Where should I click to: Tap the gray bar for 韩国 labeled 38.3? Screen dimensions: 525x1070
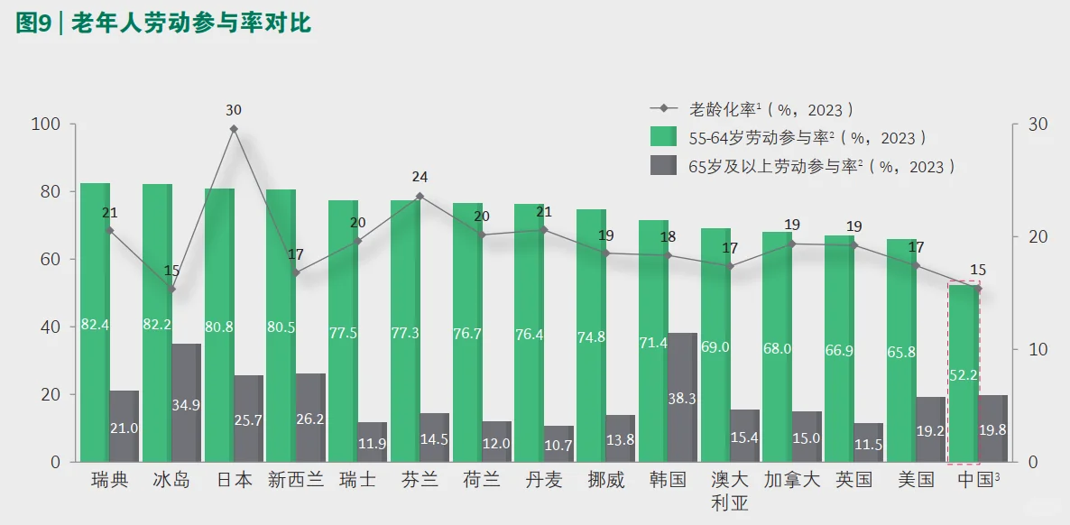tap(683, 397)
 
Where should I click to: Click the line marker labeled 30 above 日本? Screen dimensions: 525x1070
tap(234, 129)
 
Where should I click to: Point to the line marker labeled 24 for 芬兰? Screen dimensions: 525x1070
tap(420, 196)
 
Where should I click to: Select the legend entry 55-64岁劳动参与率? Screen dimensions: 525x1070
tap(789, 138)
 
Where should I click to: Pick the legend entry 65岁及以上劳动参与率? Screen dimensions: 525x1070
tap(803, 167)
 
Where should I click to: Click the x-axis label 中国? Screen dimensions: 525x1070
tap(977, 479)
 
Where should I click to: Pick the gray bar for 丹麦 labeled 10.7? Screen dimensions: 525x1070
tap(558, 444)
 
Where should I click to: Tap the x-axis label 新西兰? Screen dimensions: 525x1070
tap(296, 479)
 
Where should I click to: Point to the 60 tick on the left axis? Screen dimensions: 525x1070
tap(49, 259)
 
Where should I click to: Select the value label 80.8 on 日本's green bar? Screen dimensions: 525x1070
tap(219, 325)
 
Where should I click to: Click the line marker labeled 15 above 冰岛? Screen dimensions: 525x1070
tap(171, 289)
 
